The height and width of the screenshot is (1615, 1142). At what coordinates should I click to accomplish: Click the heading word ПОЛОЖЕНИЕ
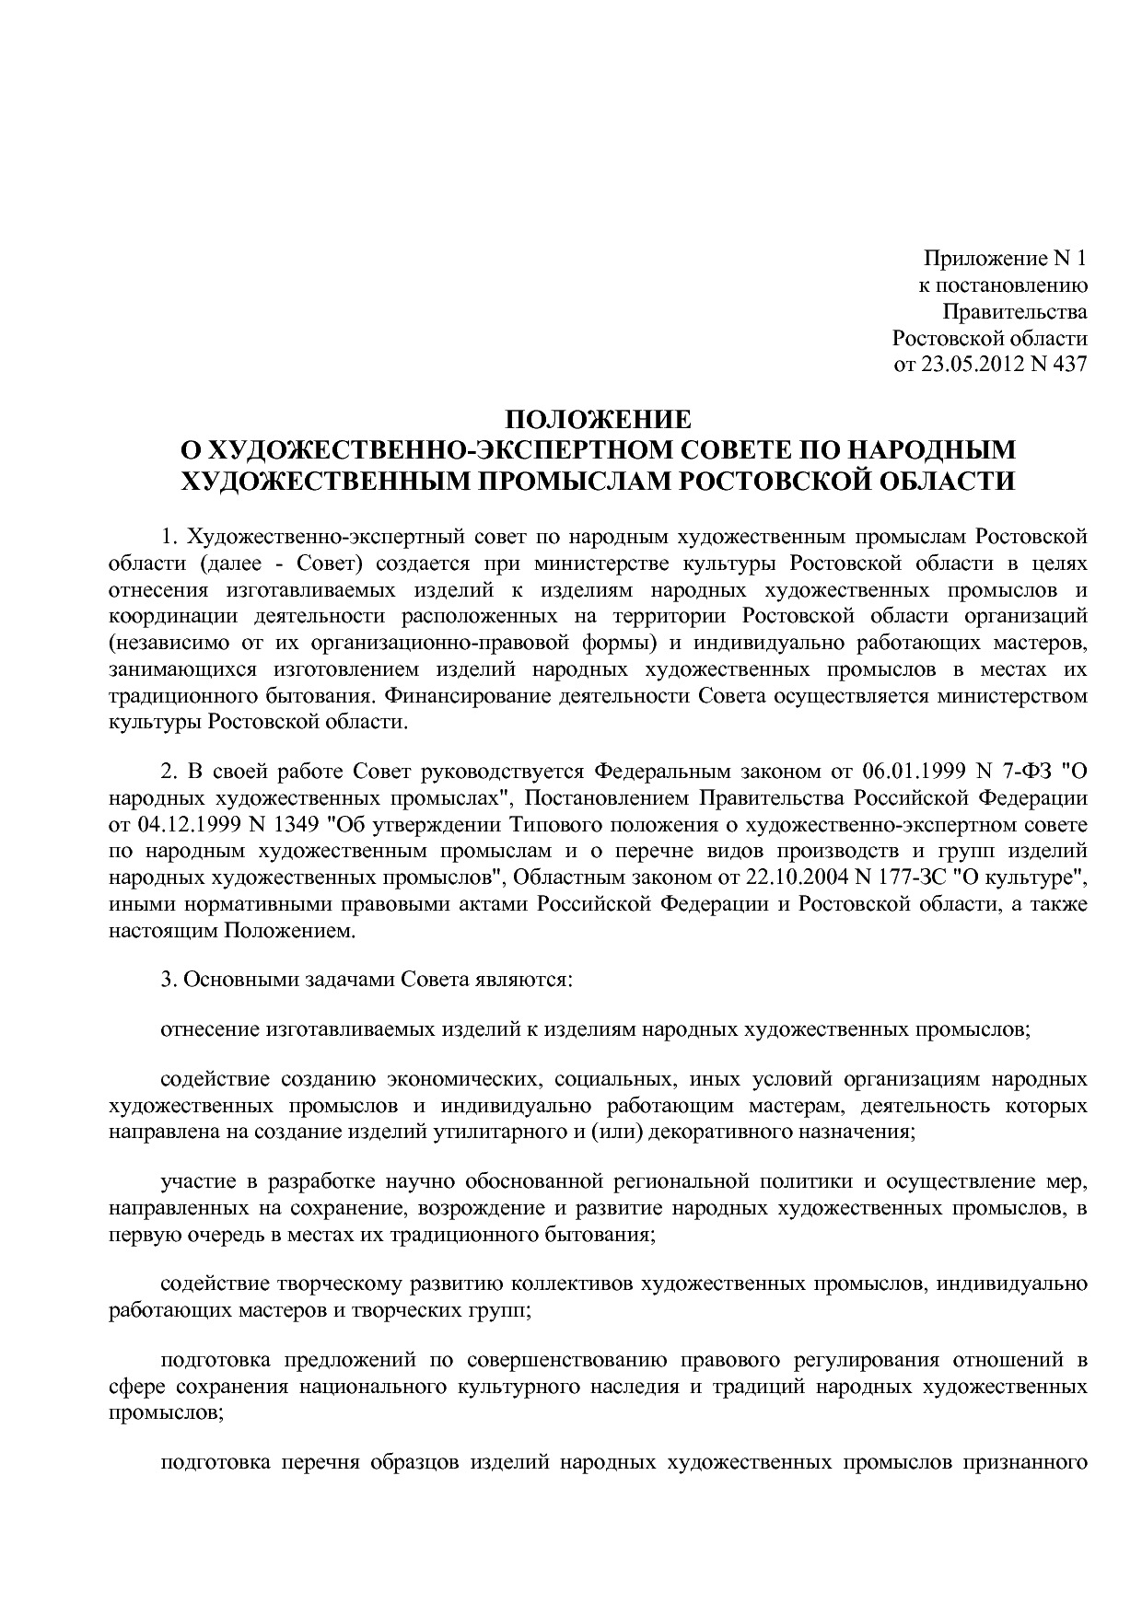pyautogui.click(x=598, y=421)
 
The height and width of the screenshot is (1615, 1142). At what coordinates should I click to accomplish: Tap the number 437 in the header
pyautogui.click(x=1070, y=364)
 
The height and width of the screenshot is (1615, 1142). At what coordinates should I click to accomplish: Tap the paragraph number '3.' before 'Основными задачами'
pyautogui.click(x=169, y=979)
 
